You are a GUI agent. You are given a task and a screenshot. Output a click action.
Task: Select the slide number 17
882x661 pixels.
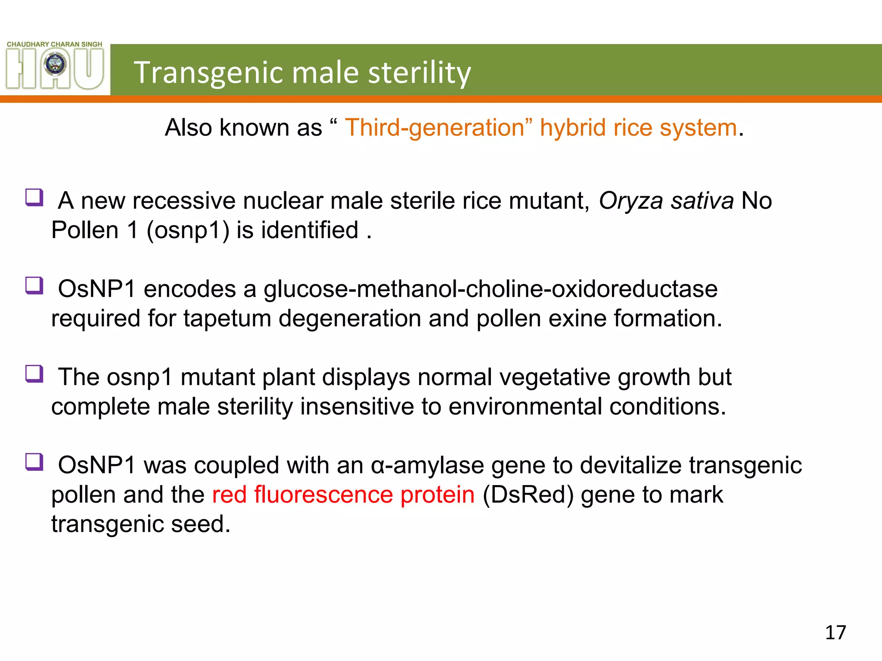(x=835, y=633)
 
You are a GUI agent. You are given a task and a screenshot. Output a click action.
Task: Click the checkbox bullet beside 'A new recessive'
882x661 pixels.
(x=34, y=198)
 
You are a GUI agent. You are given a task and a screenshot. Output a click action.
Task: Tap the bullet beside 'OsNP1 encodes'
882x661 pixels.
(x=34, y=285)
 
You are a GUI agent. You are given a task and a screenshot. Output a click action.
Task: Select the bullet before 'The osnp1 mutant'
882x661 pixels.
(x=34, y=374)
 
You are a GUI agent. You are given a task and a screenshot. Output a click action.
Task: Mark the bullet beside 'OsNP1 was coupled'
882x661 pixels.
(x=34, y=462)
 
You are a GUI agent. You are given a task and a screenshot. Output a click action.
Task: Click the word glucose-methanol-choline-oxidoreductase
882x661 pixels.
(x=491, y=289)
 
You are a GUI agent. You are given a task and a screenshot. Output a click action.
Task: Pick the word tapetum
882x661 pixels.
(x=227, y=318)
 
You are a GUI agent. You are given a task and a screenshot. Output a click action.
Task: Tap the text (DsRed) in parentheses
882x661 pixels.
(x=528, y=494)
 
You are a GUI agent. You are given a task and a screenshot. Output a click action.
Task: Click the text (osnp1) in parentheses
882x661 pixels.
(x=188, y=230)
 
